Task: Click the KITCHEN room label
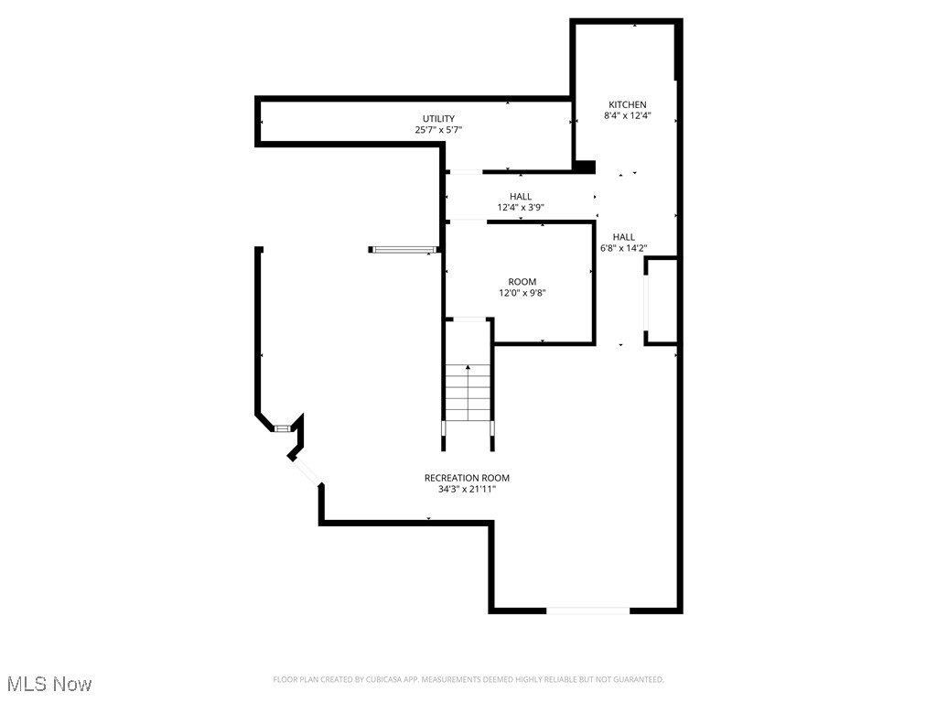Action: click(x=628, y=104)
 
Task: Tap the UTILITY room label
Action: click(x=438, y=118)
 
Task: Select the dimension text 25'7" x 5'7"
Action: click(x=438, y=130)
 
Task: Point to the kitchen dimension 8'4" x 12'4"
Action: click(x=628, y=116)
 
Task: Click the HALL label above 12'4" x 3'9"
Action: click(x=521, y=196)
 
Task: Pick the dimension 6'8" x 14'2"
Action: click(x=623, y=248)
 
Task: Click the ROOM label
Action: click(x=522, y=281)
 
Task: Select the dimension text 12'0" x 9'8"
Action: click(x=522, y=293)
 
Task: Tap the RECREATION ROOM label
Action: click(x=467, y=478)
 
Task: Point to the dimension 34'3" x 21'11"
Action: click(x=467, y=490)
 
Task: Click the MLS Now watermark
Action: click(x=48, y=683)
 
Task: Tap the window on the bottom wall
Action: click(x=587, y=609)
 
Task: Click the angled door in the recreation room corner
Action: click(x=307, y=470)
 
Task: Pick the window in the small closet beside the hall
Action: click(x=646, y=300)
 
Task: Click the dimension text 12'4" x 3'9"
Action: click(x=521, y=208)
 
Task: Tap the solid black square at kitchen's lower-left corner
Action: click(x=582, y=166)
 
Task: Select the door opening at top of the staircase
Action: click(x=468, y=319)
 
